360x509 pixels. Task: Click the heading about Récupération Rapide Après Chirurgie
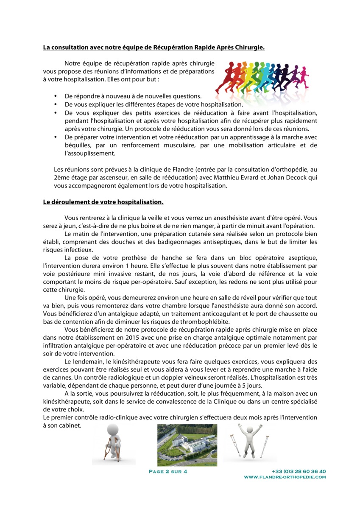(x=153, y=48)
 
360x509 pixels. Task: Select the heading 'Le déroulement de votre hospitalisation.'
(x=103, y=201)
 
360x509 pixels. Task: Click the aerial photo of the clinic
(x=187, y=445)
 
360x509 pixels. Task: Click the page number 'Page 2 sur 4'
(x=168, y=471)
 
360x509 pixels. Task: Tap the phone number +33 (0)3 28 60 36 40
(x=299, y=471)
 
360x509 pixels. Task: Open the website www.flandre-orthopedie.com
(x=285, y=477)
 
